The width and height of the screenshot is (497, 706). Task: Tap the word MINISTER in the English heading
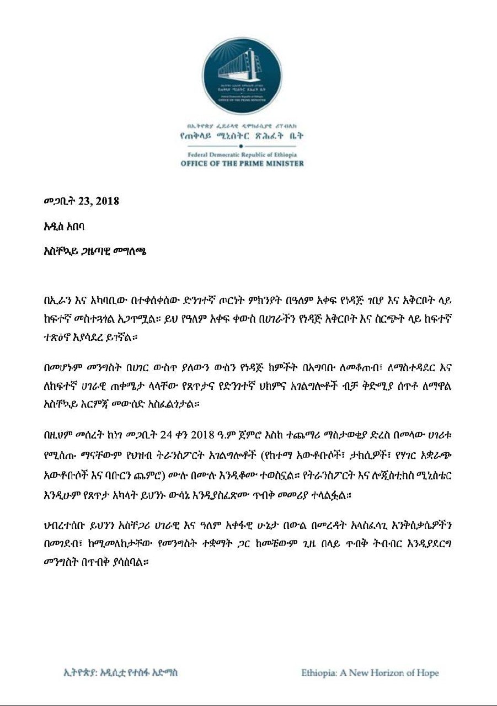279,163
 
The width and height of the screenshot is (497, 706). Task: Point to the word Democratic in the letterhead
237,154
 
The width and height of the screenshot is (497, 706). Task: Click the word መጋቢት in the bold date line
59,201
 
